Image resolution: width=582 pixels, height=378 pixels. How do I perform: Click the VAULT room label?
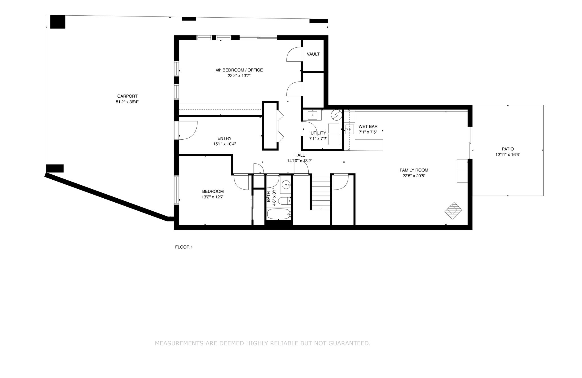click(x=313, y=54)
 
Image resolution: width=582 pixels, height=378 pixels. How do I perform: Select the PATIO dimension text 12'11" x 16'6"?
click(x=508, y=155)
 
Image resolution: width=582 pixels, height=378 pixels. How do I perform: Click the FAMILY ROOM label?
click(x=414, y=170)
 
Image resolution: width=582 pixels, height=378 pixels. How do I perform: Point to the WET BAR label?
click(x=368, y=127)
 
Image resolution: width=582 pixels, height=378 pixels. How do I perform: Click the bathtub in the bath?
click(x=279, y=214)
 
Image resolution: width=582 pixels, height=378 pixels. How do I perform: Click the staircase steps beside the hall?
click(x=321, y=193)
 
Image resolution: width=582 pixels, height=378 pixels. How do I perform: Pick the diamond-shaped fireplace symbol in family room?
click(x=453, y=211)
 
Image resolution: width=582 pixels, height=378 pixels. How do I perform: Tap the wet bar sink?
click(x=350, y=129)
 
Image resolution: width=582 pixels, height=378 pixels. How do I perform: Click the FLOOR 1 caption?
click(x=184, y=247)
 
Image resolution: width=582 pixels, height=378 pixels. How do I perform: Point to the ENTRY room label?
click(x=225, y=138)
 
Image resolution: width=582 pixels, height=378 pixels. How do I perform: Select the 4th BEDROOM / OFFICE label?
click(x=239, y=70)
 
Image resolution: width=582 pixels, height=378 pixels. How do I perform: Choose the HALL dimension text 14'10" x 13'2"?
click(x=300, y=161)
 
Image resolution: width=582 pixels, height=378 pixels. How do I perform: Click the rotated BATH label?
click(x=269, y=197)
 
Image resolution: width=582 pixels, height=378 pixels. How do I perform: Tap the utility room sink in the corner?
click(x=312, y=115)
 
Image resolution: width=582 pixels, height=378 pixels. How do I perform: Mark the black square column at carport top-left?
click(x=58, y=22)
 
